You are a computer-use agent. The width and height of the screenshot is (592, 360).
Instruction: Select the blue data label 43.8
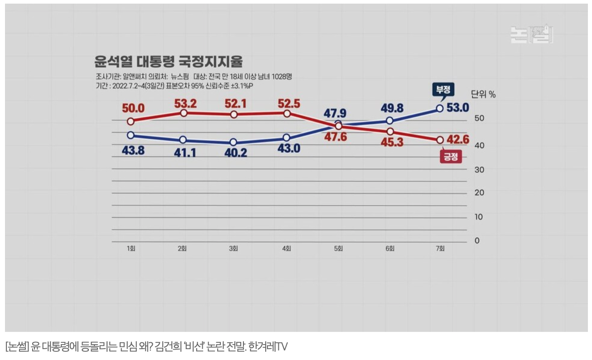133,151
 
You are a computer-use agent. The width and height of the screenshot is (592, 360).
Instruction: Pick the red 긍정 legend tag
451,157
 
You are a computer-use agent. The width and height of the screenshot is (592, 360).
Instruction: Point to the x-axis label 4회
286,249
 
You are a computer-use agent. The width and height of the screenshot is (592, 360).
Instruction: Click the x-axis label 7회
440,249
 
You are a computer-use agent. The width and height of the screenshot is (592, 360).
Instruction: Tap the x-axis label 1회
131,249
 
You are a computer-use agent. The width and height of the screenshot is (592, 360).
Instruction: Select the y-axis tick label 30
479,169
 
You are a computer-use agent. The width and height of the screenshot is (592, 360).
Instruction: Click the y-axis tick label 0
476,241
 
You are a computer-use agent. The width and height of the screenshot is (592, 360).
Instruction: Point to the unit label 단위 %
483,95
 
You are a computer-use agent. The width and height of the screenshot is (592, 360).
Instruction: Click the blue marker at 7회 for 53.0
439,108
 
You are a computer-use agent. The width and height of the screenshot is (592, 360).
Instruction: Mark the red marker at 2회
183,113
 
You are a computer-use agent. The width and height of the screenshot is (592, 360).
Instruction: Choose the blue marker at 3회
233,142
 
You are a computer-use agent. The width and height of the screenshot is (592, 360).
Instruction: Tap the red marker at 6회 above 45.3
390,131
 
